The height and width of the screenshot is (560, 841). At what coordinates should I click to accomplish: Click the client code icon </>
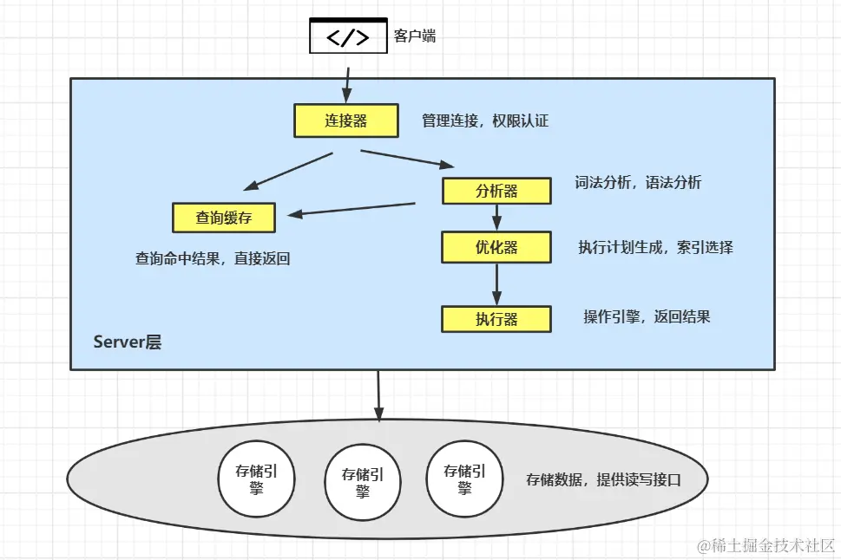click(x=348, y=36)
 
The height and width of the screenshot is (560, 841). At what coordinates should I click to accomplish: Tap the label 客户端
click(x=415, y=36)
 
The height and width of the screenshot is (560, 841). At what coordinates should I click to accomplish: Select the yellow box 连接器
click(x=346, y=121)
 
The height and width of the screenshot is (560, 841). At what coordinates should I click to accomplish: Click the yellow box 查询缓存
click(x=224, y=218)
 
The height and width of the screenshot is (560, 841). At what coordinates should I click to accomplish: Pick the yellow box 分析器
click(x=496, y=191)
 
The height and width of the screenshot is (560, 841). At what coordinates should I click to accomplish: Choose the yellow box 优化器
click(x=496, y=247)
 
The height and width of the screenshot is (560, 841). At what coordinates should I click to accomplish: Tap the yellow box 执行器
click(x=496, y=319)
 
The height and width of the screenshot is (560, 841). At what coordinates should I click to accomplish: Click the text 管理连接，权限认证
click(x=485, y=121)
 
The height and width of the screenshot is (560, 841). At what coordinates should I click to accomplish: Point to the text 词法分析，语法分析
click(x=638, y=183)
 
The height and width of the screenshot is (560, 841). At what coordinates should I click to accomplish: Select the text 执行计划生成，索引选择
click(x=655, y=247)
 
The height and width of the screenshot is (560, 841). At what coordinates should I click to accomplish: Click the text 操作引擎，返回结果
click(x=647, y=316)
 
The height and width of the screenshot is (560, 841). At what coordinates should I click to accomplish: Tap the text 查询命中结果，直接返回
click(x=212, y=258)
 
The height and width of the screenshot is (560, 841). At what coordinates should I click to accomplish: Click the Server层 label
click(x=127, y=342)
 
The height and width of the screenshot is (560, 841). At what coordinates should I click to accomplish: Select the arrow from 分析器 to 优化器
click(x=497, y=218)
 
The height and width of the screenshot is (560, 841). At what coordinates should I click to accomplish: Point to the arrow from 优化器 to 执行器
click(x=497, y=283)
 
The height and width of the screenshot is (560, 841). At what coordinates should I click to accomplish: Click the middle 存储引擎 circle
click(x=363, y=482)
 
